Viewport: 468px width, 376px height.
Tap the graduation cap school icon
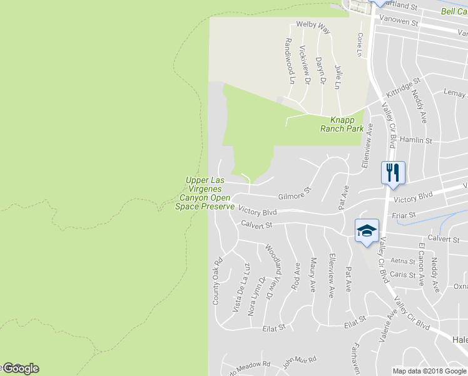(367, 230)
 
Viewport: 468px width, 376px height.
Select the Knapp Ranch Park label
(342, 124)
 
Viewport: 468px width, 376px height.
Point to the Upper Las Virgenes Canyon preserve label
(206, 193)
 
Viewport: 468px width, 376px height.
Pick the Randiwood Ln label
(289, 60)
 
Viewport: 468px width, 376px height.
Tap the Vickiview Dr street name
(305, 65)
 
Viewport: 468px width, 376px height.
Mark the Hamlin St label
(417, 141)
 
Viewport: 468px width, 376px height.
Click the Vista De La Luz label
(241, 288)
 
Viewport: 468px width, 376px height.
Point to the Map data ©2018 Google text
(429, 371)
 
